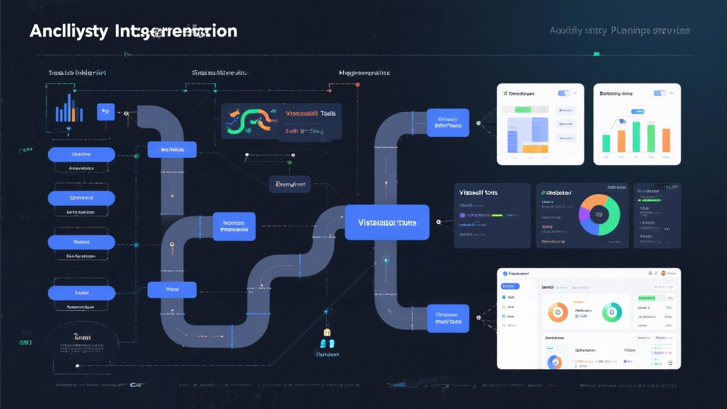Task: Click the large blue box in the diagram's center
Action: point(387,222)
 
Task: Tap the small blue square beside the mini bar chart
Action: point(106,112)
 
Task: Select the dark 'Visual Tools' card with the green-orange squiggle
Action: point(281,121)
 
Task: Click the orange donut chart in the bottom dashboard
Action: point(558,312)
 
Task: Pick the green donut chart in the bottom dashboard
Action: point(612,312)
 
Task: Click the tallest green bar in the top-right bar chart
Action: point(636,137)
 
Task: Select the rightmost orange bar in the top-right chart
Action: point(666,140)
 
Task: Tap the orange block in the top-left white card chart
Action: point(534,149)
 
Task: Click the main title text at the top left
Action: point(133,31)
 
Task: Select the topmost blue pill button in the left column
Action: point(81,155)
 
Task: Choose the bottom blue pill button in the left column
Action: point(81,293)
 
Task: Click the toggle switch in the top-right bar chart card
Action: point(659,93)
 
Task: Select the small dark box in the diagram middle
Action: point(290,184)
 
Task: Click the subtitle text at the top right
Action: point(620,31)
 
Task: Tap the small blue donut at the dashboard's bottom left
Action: point(554,362)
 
